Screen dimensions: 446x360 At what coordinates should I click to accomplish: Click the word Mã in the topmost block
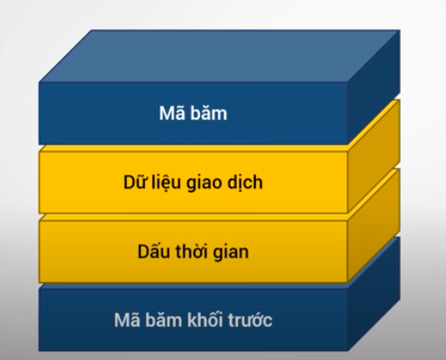click(168, 112)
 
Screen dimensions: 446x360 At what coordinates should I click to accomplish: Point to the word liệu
click(167, 183)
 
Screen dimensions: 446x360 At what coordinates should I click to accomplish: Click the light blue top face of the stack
click(220, 56)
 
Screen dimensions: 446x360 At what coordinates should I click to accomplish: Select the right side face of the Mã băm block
click(374, 87)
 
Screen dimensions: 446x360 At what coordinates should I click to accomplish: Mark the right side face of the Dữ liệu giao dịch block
click(374, 156)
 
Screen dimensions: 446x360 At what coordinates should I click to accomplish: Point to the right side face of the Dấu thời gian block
click(374, 225)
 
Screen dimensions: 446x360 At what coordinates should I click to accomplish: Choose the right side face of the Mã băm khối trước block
click(374, 293)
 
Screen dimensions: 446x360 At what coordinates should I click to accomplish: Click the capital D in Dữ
click(129, 182)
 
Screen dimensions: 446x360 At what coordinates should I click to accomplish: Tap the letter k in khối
click(192, 319)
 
